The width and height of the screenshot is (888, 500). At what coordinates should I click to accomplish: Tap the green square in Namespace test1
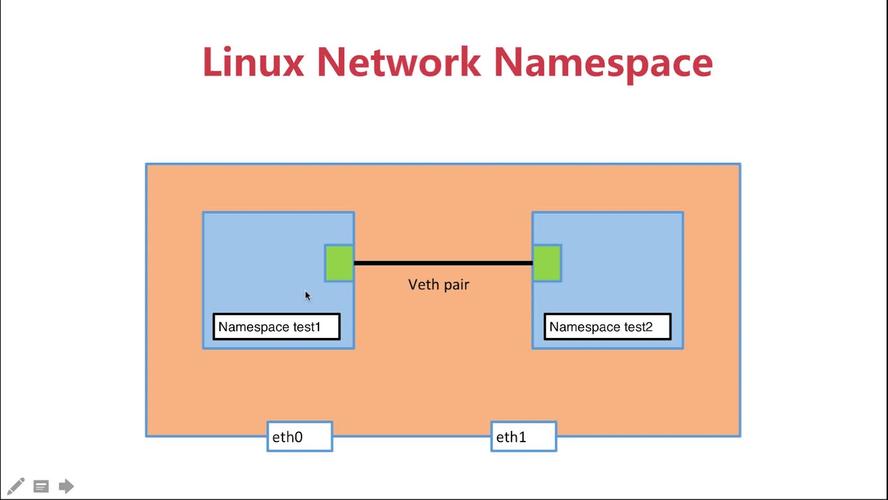pyautogui.click(x=339, y=263)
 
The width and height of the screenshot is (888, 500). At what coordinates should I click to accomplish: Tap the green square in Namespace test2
pyautogui.click(x=547, y=263)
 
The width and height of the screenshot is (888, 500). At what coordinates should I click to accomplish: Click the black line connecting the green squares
pyautogui.click(x=443, y=263)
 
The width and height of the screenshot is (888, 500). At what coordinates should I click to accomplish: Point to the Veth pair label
pyautogui.click(x=438, y=285)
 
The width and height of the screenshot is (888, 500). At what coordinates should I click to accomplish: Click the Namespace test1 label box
pyautogui.click(x=277, y=327)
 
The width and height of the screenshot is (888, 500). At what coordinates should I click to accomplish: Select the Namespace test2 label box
pyautogui.click(x=608, y=327)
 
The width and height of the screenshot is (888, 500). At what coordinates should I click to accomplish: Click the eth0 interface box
pyautogui.click(x=300, y=437)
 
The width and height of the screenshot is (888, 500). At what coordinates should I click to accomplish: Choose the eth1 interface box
pyautogui.click(x=524, y=437)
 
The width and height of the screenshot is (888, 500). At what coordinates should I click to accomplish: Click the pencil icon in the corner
pyautogui.click(x=16, y=486)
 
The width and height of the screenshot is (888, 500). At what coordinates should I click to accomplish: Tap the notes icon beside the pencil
pyautogui.click(x=41, y=487)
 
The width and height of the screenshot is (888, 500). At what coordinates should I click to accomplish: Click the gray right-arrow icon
pyautogui.click(x=66, y=486)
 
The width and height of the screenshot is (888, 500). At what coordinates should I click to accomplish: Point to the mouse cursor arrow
pyautogui.click(x=308, y=296)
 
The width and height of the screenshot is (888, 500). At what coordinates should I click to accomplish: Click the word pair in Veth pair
pyautogui.click(x=456, y=286)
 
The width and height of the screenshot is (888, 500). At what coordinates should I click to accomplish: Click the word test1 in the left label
pyautogui.click(x=307, y=327)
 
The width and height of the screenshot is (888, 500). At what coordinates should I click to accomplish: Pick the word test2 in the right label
pyautogui.click(x=638, y=327)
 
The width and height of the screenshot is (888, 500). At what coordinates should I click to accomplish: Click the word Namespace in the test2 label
pyautogui.click(x=585, y=327)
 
